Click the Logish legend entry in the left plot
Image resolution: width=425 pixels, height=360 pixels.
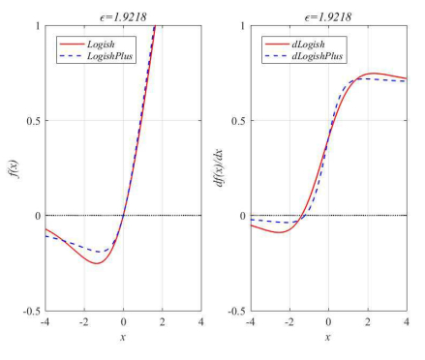click(x=101, y=45)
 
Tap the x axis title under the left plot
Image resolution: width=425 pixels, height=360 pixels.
click(x=123, y=336)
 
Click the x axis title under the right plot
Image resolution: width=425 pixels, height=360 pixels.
click(x=328, y=336)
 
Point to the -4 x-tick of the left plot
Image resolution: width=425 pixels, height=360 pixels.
click(x=45, y=321)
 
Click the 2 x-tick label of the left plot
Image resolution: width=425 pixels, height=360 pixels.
click(x=162, y=321)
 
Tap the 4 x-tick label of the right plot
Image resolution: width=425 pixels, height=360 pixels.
click(x=406, y=321)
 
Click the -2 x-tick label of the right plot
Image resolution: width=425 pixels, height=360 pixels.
click(x=288, y=321)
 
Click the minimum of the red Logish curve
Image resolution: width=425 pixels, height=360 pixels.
click(x=97, y=262)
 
